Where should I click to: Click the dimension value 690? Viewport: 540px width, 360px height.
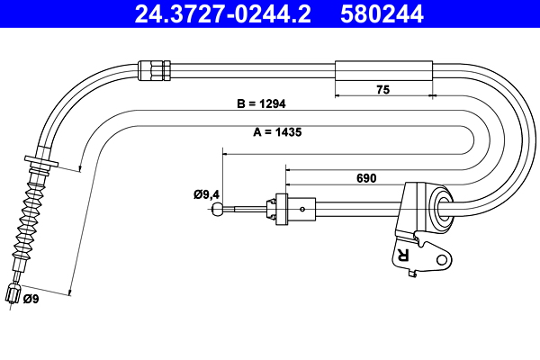click(366, 178)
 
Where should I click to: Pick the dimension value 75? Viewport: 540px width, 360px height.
click(382, 89)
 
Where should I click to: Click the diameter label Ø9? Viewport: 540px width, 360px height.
click(31, 299)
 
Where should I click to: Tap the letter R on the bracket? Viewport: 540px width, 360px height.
click(402, 255)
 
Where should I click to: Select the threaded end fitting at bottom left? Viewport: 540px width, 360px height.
click(13, 294)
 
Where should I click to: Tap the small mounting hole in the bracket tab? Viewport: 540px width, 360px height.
click(441, 260)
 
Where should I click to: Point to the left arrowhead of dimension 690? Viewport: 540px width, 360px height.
click(287, 167)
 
